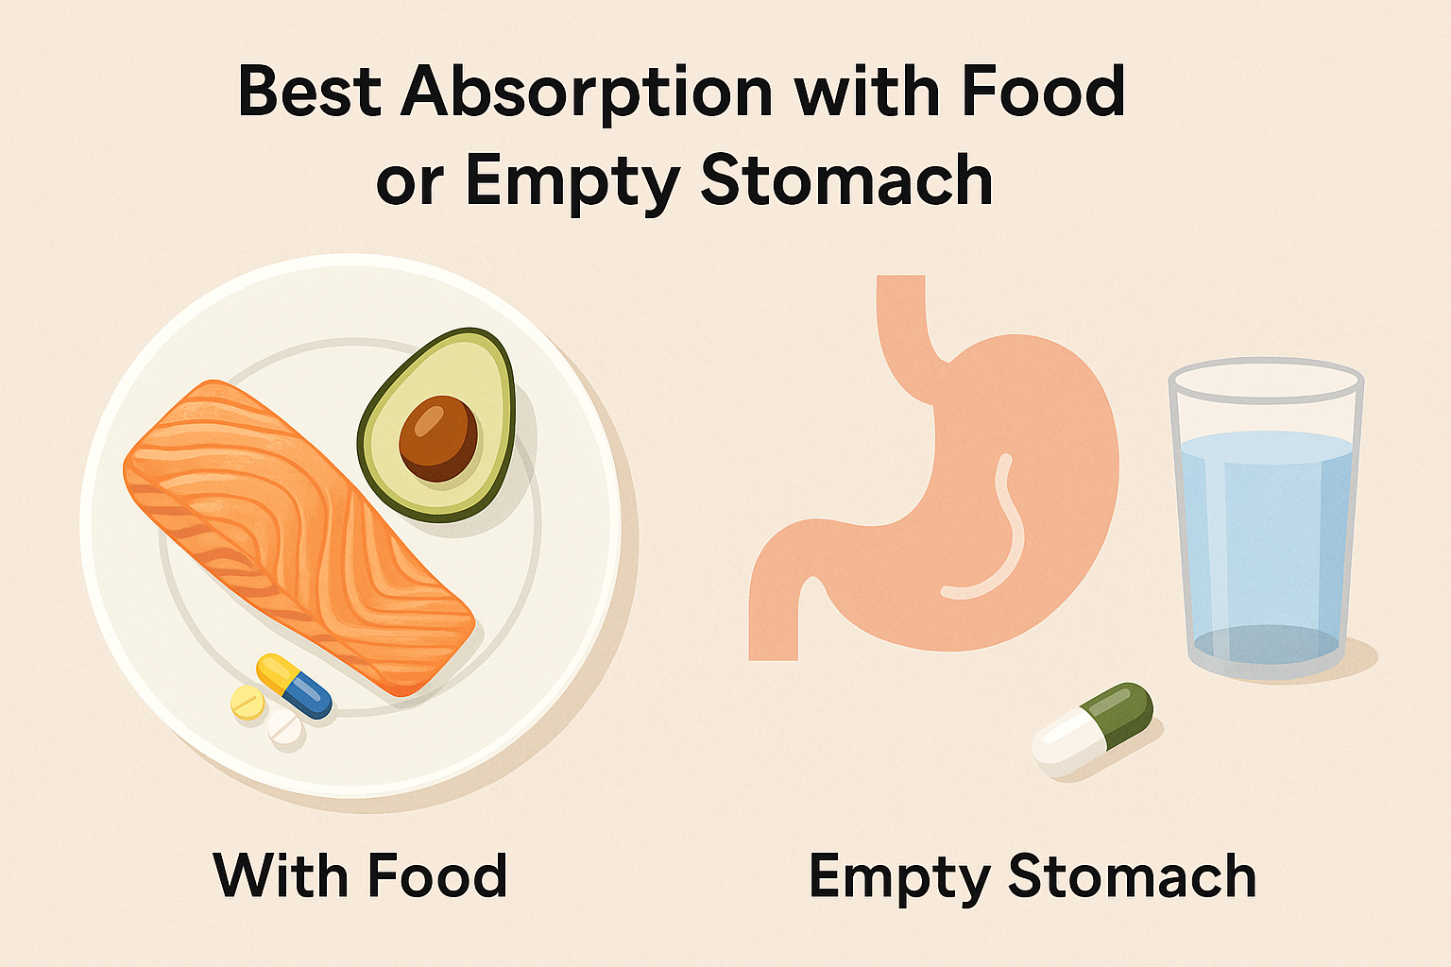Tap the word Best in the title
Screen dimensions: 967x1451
click(309, 92)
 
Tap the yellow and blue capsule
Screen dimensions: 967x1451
click(294, 686)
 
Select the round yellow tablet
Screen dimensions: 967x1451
click(248, 703)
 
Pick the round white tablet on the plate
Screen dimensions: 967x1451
click(284, 728)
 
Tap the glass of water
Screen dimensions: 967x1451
click(1266, 519)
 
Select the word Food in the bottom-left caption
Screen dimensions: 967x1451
click(436, 875)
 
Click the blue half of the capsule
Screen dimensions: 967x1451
click(309, 694)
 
